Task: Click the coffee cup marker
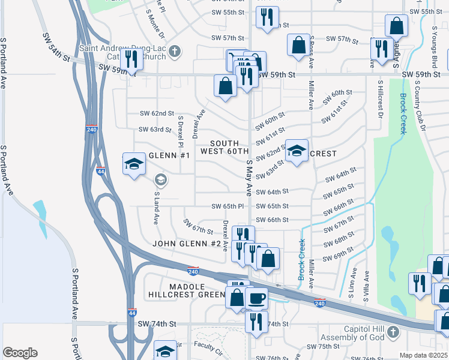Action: click(257, 298)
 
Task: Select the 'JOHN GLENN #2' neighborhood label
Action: click(187, 244)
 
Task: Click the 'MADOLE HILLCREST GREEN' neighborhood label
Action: click(187, 291)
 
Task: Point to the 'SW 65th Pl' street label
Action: click(226, 206)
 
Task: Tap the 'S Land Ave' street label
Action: click(156, 208)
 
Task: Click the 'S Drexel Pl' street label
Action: click(179, 132)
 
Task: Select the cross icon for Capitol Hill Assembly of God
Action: click(392, 332)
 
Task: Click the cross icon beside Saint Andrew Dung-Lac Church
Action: click(175, 51)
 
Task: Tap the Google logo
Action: click(20, 352)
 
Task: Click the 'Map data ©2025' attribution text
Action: click(423, 355)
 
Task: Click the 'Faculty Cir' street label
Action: click(208, 344)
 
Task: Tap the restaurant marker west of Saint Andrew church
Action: click(131, 59)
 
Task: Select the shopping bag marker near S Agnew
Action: click(396, 26)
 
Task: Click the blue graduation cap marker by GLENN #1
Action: click(134, 164)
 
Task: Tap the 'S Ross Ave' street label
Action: click(311, 51)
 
